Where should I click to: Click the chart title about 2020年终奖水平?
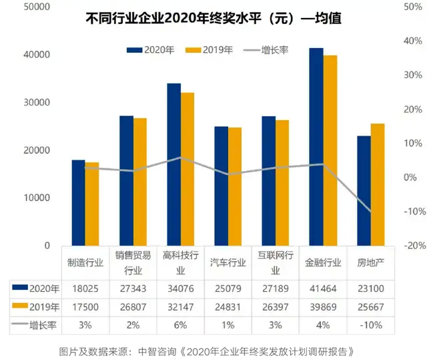pos(213,19)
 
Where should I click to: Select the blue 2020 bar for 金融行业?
pos(316,146)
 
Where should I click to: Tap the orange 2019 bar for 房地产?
pos(378,184)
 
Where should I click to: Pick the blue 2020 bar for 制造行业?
pos(78,202)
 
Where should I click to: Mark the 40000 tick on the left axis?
pos(37,55)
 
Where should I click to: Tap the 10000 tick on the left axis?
pos(37,198)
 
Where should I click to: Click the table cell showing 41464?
pos(323,289)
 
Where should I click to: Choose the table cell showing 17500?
pos(85,307)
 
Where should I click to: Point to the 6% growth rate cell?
pos(180,325)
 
